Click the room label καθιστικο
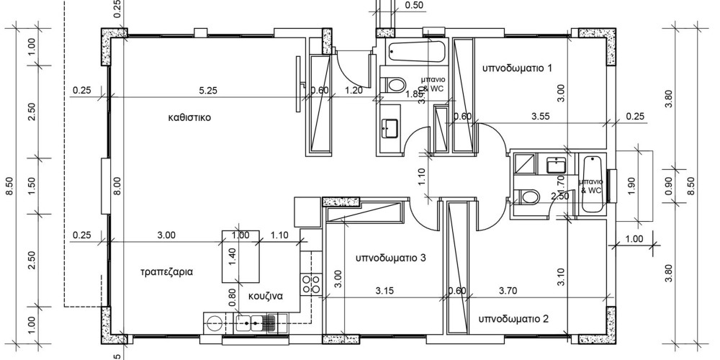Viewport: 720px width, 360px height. (x=189, y=117)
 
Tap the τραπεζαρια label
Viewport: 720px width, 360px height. (x=166, y=272)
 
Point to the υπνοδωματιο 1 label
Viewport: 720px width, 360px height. (x=517, y=68)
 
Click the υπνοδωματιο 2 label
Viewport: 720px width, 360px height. (x=514, y=318)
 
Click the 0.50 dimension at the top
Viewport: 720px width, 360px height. (x=415, y=6)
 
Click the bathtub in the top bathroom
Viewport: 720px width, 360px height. (x=417, y=52)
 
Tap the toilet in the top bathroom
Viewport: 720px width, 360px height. (x=393, y=85)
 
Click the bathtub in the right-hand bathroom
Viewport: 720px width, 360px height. (x=592, y=184)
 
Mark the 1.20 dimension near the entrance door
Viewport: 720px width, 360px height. (x=354, y=91)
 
